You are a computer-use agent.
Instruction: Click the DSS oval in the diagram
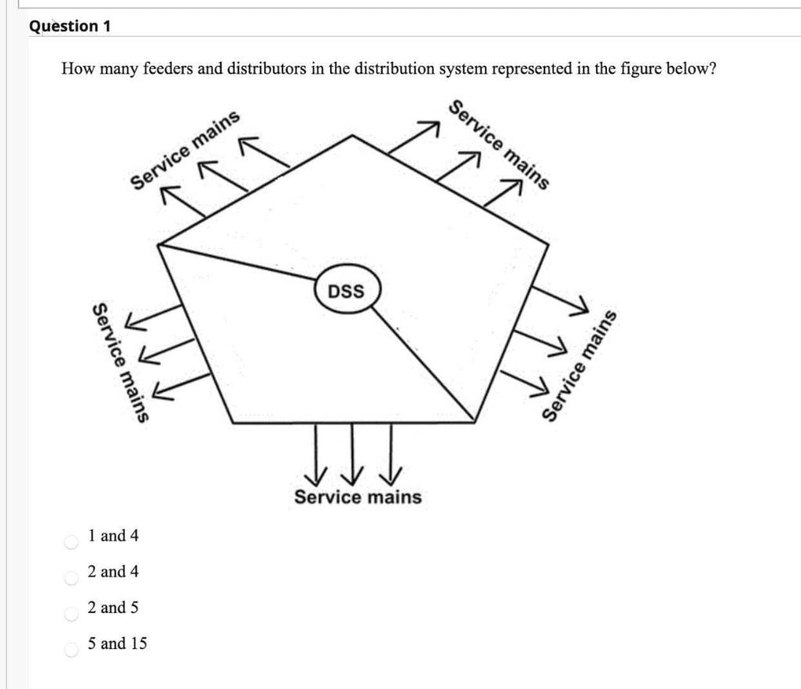pos(347,291)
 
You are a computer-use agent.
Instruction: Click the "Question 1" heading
pos(70,26)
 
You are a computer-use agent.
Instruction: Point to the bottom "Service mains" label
pos(357,497)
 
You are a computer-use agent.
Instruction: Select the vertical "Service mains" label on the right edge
pos(580,365)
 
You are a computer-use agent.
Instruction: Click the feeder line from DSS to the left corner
pos(235,262)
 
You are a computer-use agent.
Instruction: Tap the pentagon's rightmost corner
pos(547,245)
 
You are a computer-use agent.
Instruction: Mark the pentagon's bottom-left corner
pos(233,422)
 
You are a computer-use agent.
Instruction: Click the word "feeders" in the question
pos(169,69)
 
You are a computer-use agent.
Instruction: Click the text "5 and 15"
pos(117,644)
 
